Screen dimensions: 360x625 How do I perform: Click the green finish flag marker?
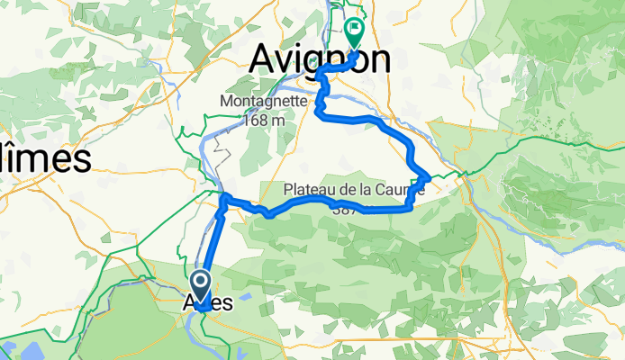click(x=354, y=32)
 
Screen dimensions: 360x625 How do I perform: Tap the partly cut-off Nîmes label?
click(x=45, y=158)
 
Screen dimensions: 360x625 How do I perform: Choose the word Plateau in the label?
click(x=312, y=190)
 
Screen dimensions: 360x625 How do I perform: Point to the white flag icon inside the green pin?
click(x=354, y=28)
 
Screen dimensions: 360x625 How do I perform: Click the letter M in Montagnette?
click(x=225, y=102)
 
